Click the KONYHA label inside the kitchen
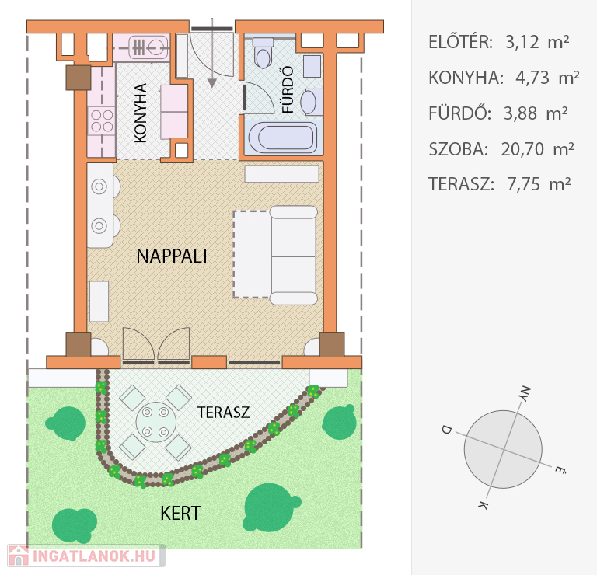point(141,113)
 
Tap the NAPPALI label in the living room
point(172,256)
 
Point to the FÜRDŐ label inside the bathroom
point(288,89)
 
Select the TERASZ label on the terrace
point(224,413)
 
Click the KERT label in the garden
point(180,514)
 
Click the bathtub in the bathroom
point(282,137)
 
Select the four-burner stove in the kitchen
point(102,120)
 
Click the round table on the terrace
point(155,422)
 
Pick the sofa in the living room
point(293,256)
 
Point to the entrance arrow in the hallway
point(212,53)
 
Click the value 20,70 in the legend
point(522,149)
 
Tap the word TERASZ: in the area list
point(462,184)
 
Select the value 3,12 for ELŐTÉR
point(522,42)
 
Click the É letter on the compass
point(560,469)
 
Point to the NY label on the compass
point(525,393)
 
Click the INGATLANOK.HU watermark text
point(94,556)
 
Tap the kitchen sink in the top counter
point(148,48)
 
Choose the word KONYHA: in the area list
point(466,78)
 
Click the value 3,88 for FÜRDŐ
point(520,113)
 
